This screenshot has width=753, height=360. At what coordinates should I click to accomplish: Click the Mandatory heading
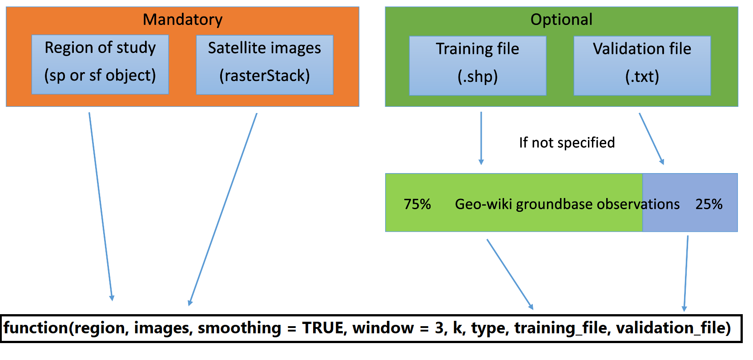click(x=182, y=20)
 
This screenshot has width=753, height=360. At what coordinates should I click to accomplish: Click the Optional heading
click(x=561, y=20)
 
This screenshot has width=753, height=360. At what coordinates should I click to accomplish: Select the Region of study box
click(x=100, y=64)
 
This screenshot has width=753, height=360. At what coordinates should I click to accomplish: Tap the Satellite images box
click(x=265, y=65)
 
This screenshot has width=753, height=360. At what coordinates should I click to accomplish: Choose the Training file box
click(x=478, y=65)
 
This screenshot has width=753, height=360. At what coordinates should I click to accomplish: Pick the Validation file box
click(x=642, y=65)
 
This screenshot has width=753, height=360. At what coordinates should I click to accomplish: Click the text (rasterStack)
click(x=265, y=76)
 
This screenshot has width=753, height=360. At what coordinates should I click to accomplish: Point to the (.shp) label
click(x=478, y=77)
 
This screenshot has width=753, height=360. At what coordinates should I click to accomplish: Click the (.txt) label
click(x=642, y=77)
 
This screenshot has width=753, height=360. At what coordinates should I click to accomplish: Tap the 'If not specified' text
click(x=567, y=142)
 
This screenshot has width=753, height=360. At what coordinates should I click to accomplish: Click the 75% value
click(x=417, y=204)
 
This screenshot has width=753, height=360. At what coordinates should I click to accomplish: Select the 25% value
click(x=709, y=204)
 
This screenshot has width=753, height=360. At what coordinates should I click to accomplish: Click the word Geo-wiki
click(x=483, y=204)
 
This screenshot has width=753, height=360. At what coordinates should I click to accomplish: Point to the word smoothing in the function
click(x=239, y=328)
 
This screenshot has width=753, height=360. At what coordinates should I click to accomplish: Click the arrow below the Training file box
click(x=481, y=138)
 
